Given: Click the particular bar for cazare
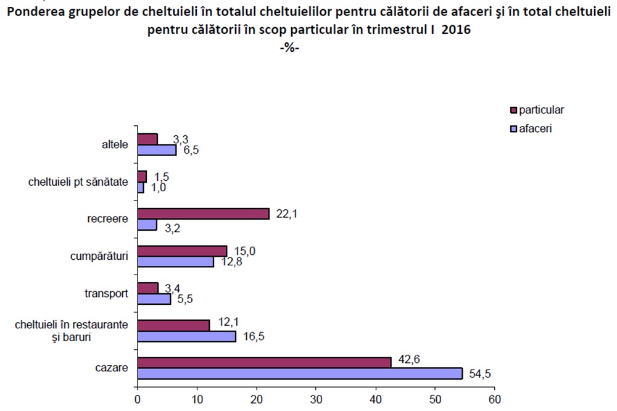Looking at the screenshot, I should pyautogui.click(x=264, y=362).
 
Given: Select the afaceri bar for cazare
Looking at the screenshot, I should pyautogui.click(x=300, y=373).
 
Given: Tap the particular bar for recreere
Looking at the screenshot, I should pyautogui.click(x=203, y=214).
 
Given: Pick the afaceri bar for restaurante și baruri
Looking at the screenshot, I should pyautogui.click(x=186, y=336).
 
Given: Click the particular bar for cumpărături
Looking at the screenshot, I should pyautogui.click(x=182, y=251).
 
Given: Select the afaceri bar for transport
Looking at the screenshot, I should pyautogui.click(x=154, y=299).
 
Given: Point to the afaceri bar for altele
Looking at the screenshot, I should pyautogui.click(x=157, y=150).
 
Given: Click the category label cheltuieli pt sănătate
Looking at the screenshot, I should pyautogui.click(x=78, y=182).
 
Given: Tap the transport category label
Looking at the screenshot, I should pyautogui.click(x=106, y=294).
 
